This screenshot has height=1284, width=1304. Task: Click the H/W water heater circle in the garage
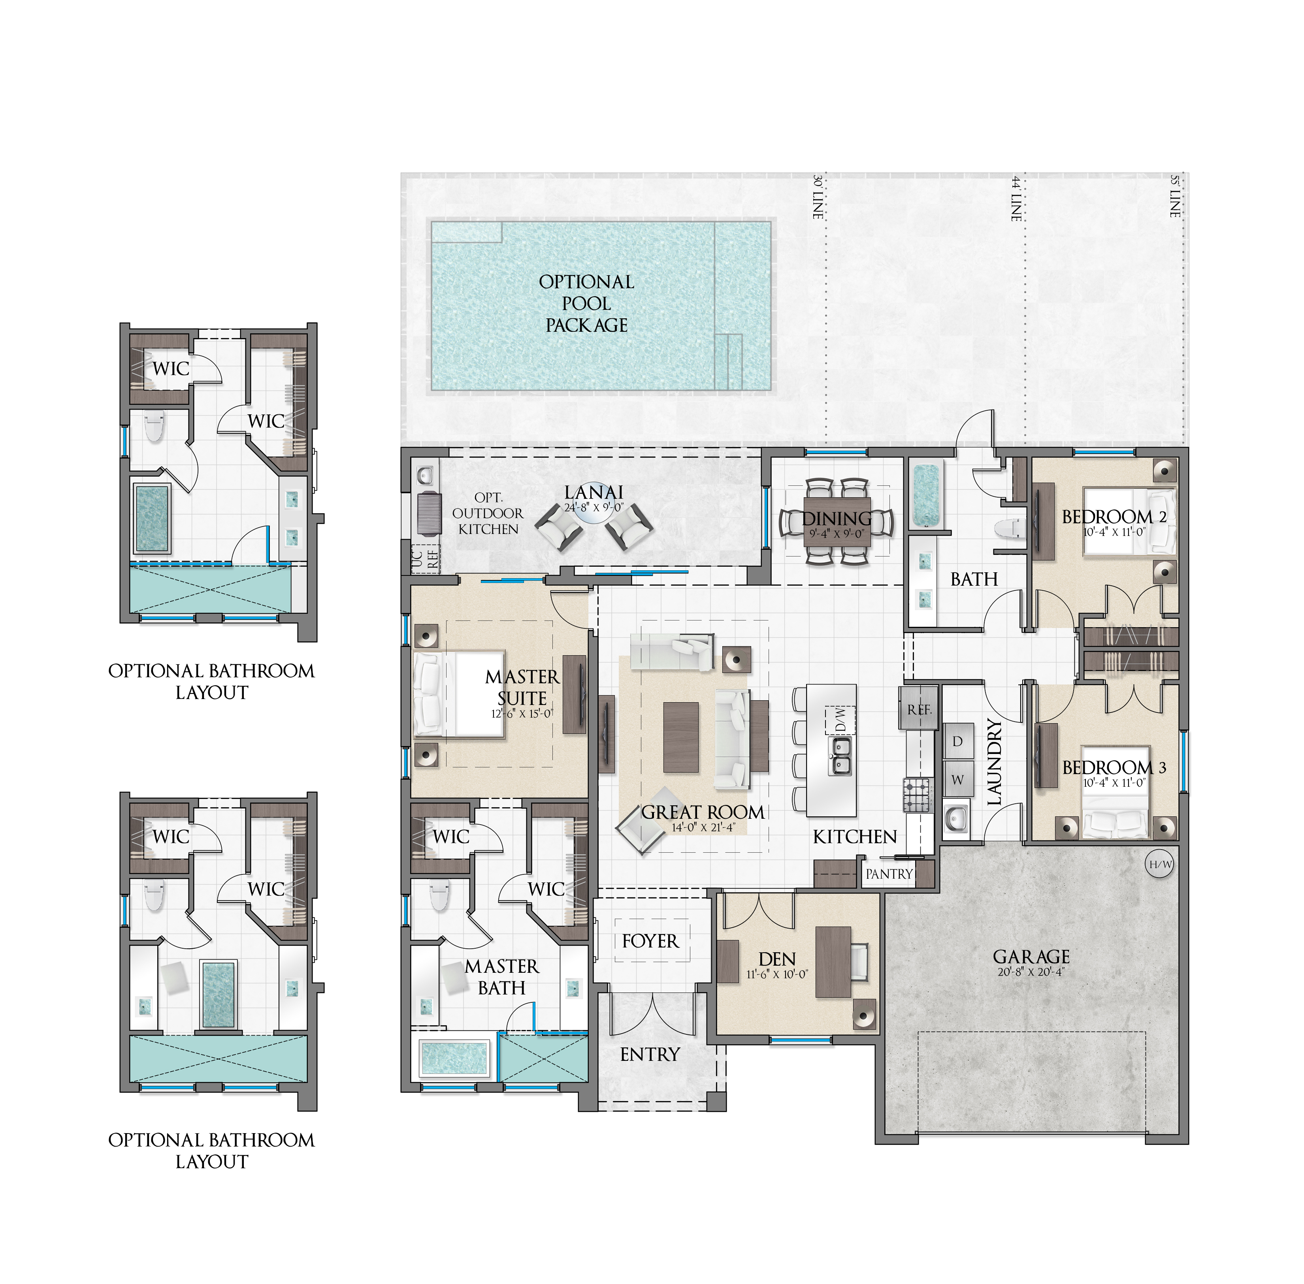(1160, 864)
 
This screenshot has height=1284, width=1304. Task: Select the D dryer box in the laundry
(957, 741)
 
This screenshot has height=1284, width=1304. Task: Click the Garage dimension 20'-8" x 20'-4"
(1031, 972)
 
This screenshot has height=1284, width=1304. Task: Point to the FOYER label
(650, 941)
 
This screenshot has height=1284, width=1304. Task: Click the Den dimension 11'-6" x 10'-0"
(777, 974)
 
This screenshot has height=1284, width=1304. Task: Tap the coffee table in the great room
(681, 737)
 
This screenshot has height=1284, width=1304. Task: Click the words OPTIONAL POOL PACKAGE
(586, 303)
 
